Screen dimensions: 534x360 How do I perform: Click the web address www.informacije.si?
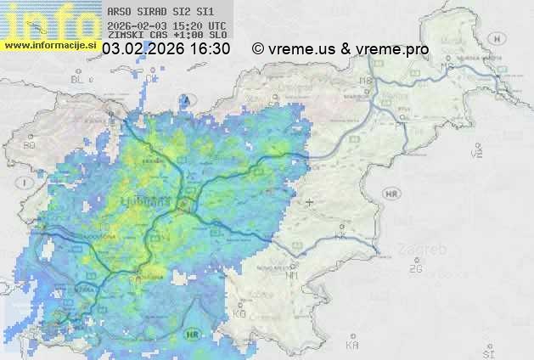pos(49,45)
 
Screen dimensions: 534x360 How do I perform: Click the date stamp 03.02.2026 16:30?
pos(166,49)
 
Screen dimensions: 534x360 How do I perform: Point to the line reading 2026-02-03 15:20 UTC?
pos(166,25)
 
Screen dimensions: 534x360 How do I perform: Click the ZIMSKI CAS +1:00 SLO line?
pos(167,36)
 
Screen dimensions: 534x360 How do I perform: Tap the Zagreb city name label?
pos(426,251)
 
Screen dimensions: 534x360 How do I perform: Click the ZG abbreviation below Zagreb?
pos(416,269)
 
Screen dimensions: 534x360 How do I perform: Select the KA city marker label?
pos(352,345)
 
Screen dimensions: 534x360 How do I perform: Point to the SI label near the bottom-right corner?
pos(487,351)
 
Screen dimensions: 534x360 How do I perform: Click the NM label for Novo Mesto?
pos(293,275)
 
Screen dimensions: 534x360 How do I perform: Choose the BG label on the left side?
pos(30,145)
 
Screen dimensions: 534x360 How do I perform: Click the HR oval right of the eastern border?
pos(391,194)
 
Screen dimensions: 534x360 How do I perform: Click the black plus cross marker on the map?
pos(310,202)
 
